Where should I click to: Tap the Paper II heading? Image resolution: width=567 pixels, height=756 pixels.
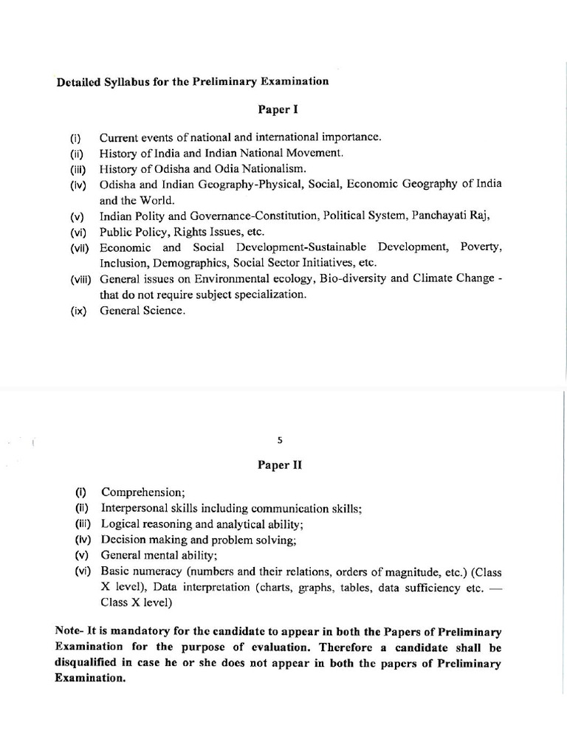pos(279,466)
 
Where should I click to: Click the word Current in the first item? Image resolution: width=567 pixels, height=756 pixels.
pos(118,137)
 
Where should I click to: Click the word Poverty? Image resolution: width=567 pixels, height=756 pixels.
pos(481,247)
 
